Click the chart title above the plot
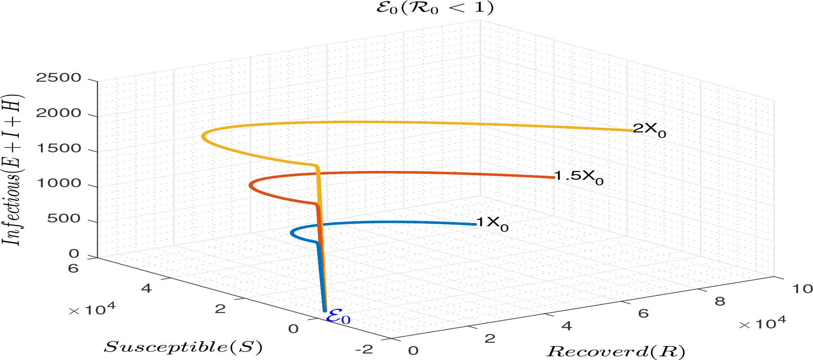[434, 8]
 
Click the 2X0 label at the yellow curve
[649, 130]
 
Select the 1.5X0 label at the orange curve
[579, 177]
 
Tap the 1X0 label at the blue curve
[492, 223]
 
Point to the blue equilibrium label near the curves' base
[338, 317]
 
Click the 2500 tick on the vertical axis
[59, 78]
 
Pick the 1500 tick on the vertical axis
[59, 148]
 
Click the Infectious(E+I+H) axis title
[13, 170]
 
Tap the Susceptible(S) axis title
[183, 347]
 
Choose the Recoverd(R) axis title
[616, 351]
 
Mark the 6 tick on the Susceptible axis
[73, 268]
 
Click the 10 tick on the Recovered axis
[802, 289]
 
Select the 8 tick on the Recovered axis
[720, 301]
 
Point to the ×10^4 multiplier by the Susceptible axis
[92, 309]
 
